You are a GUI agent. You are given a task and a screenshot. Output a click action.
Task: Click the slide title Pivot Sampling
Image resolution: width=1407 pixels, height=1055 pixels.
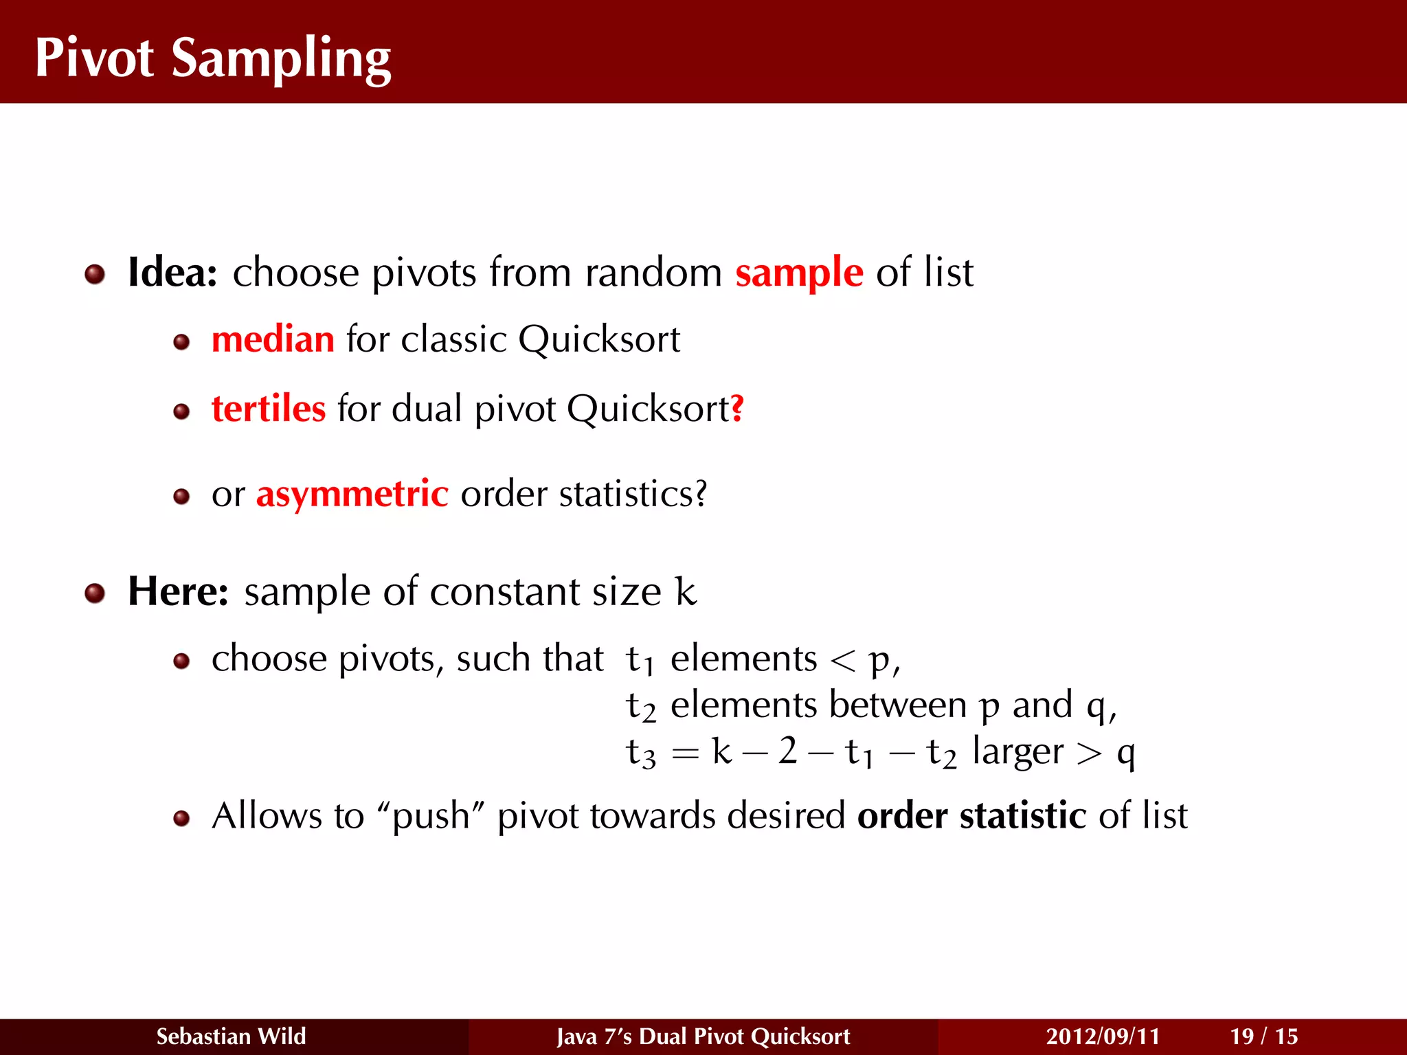(x=213, y=58)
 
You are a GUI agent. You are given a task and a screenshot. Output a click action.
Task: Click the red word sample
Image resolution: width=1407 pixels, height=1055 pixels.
(x=798, y=273)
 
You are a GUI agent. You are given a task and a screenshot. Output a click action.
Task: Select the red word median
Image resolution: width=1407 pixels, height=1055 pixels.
(x=273, y=339)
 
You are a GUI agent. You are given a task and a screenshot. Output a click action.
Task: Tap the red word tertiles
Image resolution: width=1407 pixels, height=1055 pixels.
(x=268, y=409)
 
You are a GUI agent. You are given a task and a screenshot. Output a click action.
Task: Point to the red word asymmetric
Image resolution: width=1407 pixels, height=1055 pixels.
(x=352, y=494)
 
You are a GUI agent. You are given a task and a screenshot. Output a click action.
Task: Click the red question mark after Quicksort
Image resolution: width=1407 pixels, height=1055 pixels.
(x=737, y=409)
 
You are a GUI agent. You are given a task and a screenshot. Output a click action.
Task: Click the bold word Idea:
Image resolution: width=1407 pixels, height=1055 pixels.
(x=172, y=273)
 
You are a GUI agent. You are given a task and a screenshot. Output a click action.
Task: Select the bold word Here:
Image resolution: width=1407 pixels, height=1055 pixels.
(x=178, y=591)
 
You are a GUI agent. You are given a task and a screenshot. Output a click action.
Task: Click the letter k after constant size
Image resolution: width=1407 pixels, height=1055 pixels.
(x=685, y=591)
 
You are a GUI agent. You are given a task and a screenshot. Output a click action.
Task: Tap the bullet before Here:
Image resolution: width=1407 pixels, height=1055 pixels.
(x=95, y=593)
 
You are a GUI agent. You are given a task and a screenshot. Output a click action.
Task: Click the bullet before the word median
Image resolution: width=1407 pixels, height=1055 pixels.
(x=181, y=342)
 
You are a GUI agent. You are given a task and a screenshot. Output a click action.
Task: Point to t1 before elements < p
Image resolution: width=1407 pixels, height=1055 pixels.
(x=640, y=660)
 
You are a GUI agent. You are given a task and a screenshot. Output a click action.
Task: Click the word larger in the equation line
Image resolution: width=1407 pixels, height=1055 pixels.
(x=1017, y=751)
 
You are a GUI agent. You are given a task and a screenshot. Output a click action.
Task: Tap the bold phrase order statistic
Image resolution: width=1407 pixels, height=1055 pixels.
(x=971, y=816)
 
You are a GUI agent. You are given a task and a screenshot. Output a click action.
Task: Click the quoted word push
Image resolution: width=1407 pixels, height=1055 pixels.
(x=430, y=816)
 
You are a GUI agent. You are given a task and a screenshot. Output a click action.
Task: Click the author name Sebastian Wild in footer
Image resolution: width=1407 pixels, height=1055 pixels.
(x=231, y=1036)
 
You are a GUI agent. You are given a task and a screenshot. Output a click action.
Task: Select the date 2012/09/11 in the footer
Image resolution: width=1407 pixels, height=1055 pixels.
(x=1103, y=1036)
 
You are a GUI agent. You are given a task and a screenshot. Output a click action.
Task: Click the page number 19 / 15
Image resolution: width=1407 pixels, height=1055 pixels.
(x=1263, y=1036)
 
